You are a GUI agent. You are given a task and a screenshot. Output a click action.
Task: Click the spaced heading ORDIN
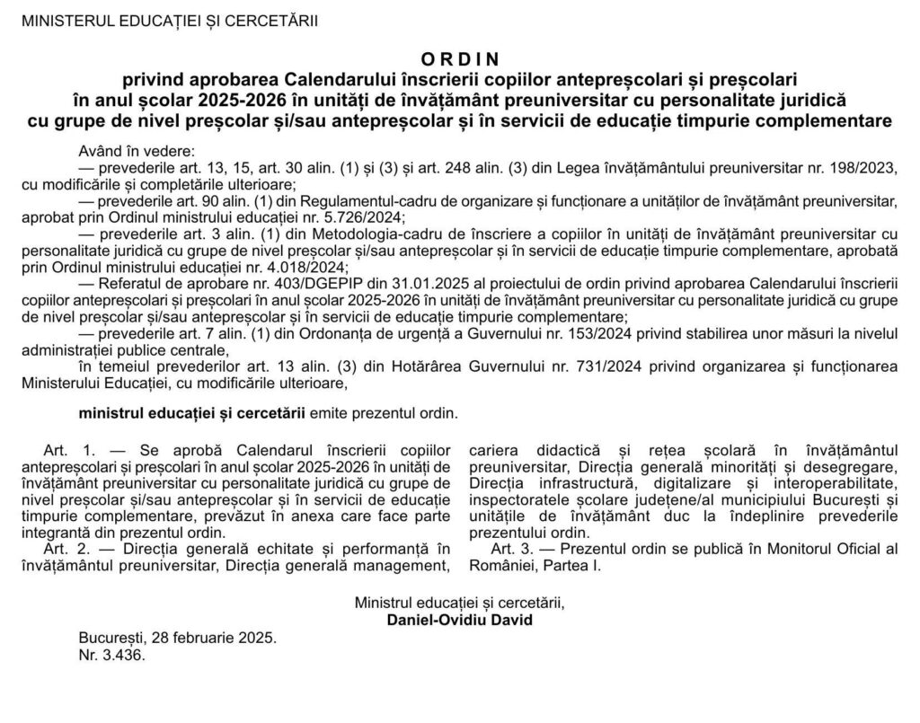click(x=459, y=59)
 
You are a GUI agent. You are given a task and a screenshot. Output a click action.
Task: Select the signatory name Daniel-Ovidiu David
click(x=459, y=621)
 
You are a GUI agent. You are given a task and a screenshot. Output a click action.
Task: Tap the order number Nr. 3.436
click(x=111, y=655)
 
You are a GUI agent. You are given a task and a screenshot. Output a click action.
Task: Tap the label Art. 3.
click(x=511, y=548)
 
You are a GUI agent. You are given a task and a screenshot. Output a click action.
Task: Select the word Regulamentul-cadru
click(x=305, y=200)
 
